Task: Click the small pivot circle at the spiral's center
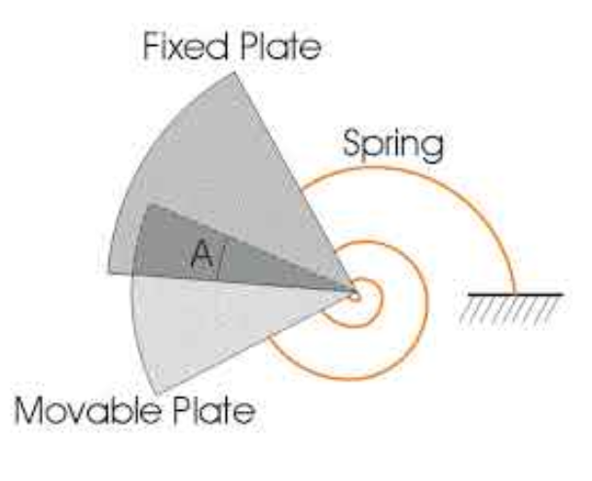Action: click(x=354, y=289)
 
